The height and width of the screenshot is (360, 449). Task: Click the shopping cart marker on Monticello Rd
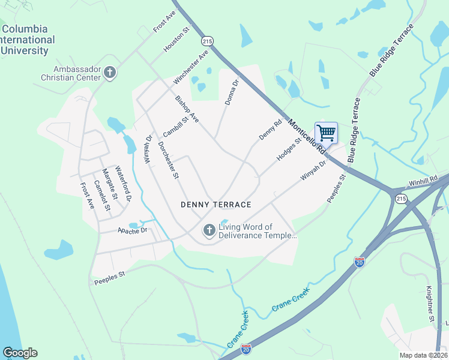(x=326, y=133)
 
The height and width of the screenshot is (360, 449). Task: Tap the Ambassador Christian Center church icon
(x=109, y=73)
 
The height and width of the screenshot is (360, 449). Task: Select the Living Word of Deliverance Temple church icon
(x=209, y=230)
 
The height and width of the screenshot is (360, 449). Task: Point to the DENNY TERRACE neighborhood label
(x=216, y=205)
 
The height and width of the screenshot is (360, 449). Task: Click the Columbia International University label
(x=28, y=40)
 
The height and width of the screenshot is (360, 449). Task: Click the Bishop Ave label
(x=187, y=109)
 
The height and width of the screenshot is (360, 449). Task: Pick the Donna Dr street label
(x=232, y=92)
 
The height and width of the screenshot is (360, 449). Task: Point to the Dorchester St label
(x=169, y=160)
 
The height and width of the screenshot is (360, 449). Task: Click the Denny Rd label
(x=270, y=131)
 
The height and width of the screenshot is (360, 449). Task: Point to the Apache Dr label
(x=132, y=230)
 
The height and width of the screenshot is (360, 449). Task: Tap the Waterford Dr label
(x=123, y=184)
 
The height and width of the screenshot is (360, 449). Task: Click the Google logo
(x=20, y=352)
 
